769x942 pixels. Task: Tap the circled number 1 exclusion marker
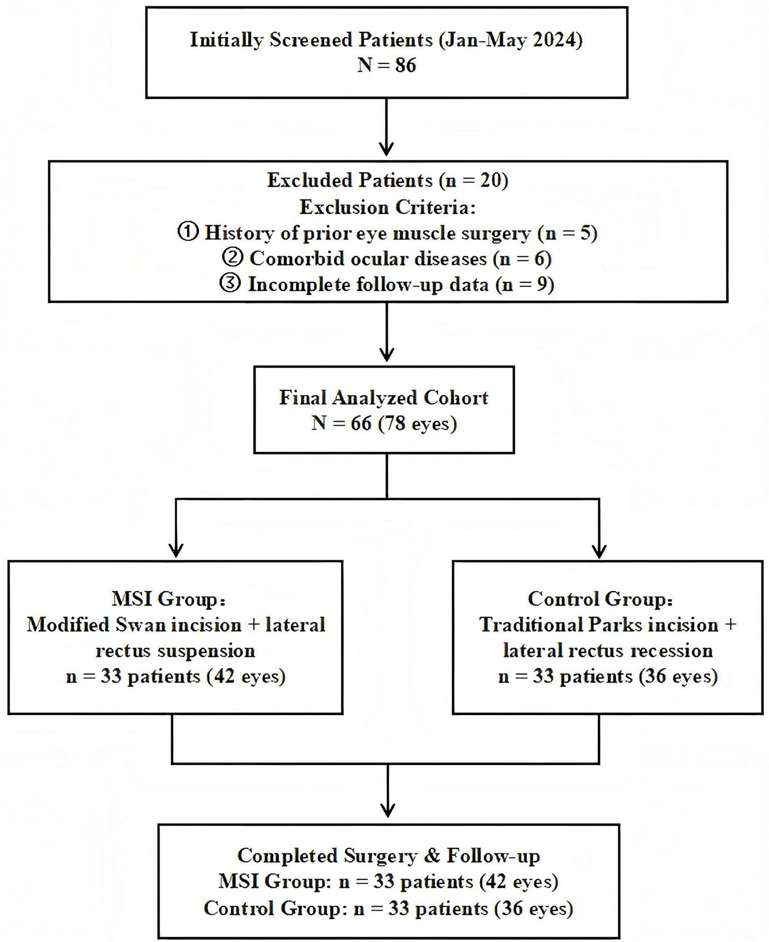click(188, 233)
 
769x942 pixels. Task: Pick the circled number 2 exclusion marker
click(232, 258)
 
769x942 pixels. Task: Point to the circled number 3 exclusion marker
click(230, 284)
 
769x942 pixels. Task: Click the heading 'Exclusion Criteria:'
click(387, 207)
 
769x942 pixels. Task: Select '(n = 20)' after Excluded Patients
click(474, 181)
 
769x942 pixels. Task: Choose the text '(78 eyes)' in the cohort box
click(417, 424)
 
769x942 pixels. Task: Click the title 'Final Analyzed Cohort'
click(384, 398)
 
